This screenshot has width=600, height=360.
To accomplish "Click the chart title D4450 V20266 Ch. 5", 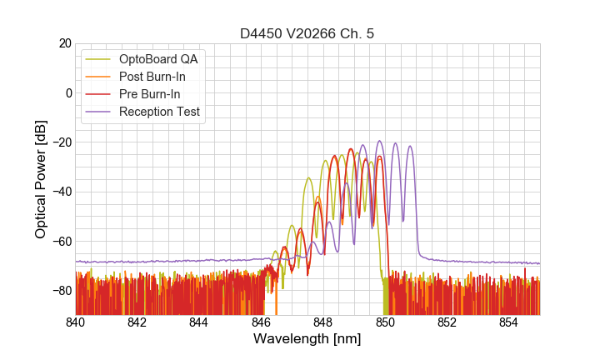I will pos(307,33).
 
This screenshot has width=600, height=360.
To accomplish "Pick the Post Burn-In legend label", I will pos(152,77).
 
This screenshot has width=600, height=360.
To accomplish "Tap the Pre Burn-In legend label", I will pos(150,94).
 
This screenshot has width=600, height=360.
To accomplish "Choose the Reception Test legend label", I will pos(159,112).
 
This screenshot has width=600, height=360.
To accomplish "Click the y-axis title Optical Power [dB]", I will pos(40,178).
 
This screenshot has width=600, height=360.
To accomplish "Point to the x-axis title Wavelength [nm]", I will pos(307,339).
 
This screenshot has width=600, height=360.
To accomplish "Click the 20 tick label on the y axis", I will pos(63,43).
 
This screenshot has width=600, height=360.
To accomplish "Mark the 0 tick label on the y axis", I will pos(67,92).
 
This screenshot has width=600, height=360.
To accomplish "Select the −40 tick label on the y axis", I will pos(60,192).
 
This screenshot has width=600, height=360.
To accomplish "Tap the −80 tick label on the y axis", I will pos(60,291).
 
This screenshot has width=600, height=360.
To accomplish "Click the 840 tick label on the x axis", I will pos(76,322).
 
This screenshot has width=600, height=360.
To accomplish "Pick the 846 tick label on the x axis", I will pos(261,322).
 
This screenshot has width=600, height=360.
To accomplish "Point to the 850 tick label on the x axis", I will pos(385,322).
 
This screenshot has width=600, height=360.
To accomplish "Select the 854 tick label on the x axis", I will pos(508,322).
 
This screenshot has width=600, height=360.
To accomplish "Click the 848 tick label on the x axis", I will pos(323,322).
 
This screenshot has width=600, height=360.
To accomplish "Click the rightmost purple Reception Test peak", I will pos(410,143).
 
